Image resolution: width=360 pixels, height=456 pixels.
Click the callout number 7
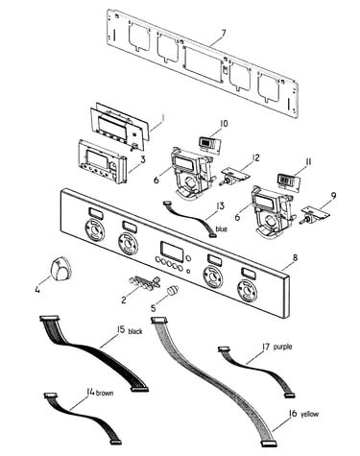click(x=223, y=34)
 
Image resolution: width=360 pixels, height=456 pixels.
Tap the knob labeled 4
click(x=60, y=268)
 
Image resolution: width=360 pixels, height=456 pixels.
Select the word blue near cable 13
click(x=222, y=228)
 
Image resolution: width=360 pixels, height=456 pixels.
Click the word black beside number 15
click(x=135, y=331)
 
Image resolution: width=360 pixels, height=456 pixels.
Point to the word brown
click(x=105, y=393)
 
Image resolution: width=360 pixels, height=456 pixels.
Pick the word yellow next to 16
click(x=309, y=414)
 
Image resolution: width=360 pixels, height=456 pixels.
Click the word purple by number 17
click(x=282, y=347)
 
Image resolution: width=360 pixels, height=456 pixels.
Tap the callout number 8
click(x=295, y=257)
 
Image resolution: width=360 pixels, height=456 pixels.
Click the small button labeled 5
click(x=173, y=291)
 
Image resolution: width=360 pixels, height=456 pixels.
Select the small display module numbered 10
click(x=210, y=143)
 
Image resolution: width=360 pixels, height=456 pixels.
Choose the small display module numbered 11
click(x=289, y=182)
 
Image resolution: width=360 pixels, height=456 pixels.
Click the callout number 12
click(x=255, y=157)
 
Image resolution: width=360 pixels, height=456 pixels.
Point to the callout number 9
click(x=333, y=195)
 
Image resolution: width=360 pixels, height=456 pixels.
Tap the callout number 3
click(x=143, y=159)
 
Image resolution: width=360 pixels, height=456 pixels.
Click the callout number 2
click(x=124, y=300)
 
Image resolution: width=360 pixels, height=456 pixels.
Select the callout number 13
click(x=220, y=206)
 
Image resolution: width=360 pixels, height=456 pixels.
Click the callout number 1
click(x=162, y=118)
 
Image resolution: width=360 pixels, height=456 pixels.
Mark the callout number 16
click(x=293, y=414)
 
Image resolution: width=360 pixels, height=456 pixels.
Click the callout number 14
click(x=90, y=392)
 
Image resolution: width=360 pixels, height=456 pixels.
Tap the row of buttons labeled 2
click(x=144, y=281)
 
